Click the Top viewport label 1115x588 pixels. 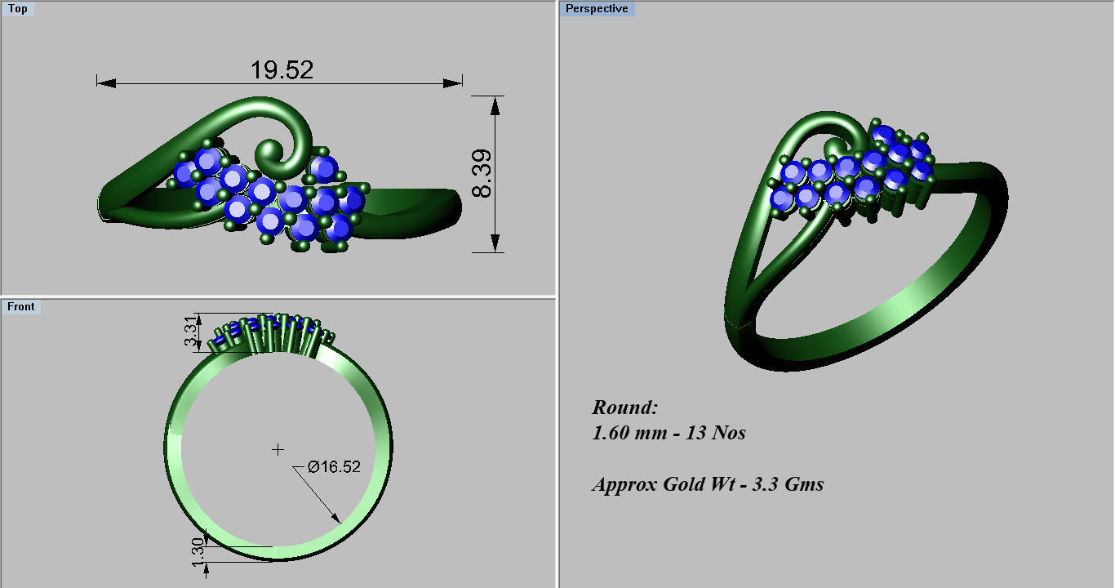pyautogui.click(x=17, y=9)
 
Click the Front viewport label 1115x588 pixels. pyautogui.click(x=21, y=307)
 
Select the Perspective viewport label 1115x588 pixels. pyautogui.click(x=597, y=9)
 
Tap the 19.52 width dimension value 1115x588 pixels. pyautogui.click(x=282, y=70)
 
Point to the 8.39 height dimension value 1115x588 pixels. pyautogui.click(x=482, y=173)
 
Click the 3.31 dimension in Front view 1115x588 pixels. pyautogui.click(x=189, y=332)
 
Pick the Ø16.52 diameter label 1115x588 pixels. pyautogui.click(x=334, y=467)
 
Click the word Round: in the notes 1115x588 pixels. pyautogui.click(x=624, y=408)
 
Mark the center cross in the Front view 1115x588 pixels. pyautogui.click(x=278, y=449)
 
